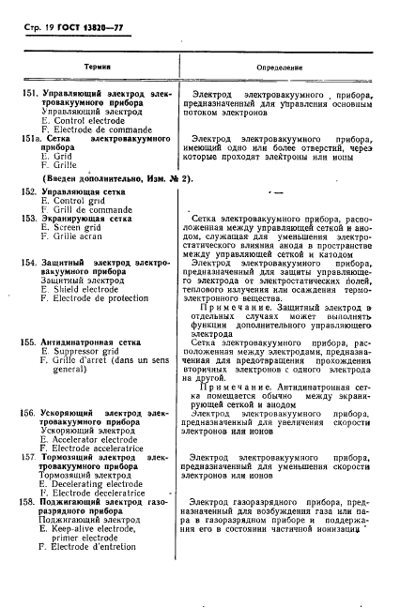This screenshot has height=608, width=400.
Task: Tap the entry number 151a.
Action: (33, 138)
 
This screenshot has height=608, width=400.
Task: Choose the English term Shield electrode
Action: (85, 289)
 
